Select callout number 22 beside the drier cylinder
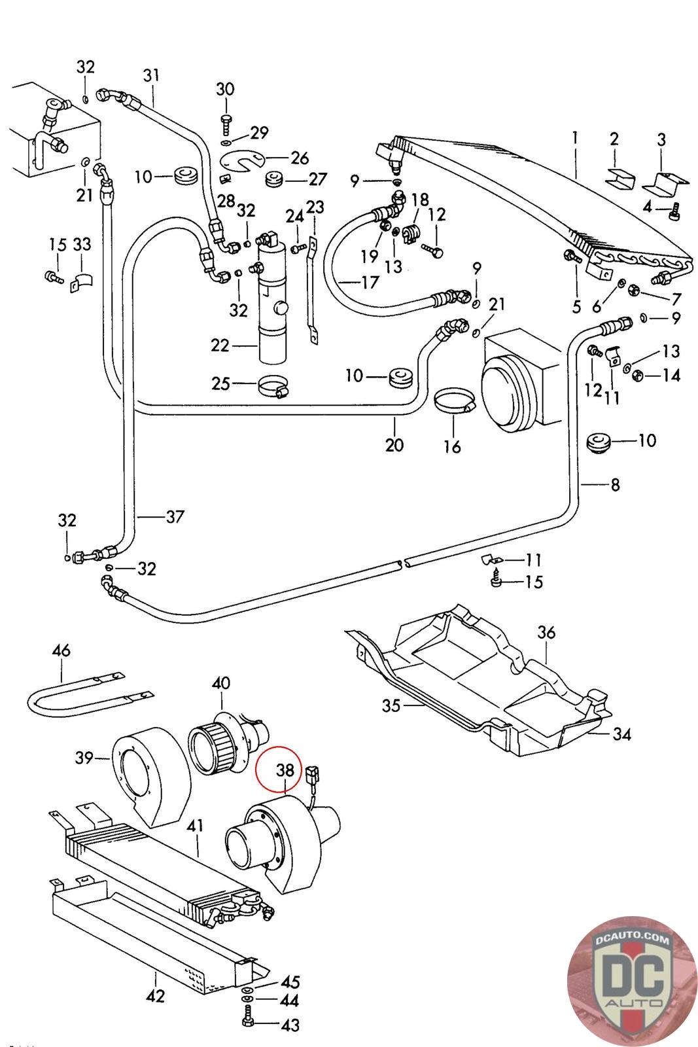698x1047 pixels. click(220, 345)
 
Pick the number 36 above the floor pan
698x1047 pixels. click(546, 633)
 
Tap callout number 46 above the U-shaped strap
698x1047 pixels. click(61, 651)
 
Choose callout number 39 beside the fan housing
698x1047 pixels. click(84, 758)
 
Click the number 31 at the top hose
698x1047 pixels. click(151, 76)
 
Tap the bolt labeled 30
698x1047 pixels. click(226, 121)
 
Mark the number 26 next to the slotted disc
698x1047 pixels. click(300, 158)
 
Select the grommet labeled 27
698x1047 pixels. click(273, 179)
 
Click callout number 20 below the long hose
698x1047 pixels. click(394, 444)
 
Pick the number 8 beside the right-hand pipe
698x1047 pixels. click(615, 485)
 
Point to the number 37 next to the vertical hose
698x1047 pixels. click(175, 517)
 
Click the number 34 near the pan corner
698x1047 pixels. click(621, 734)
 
